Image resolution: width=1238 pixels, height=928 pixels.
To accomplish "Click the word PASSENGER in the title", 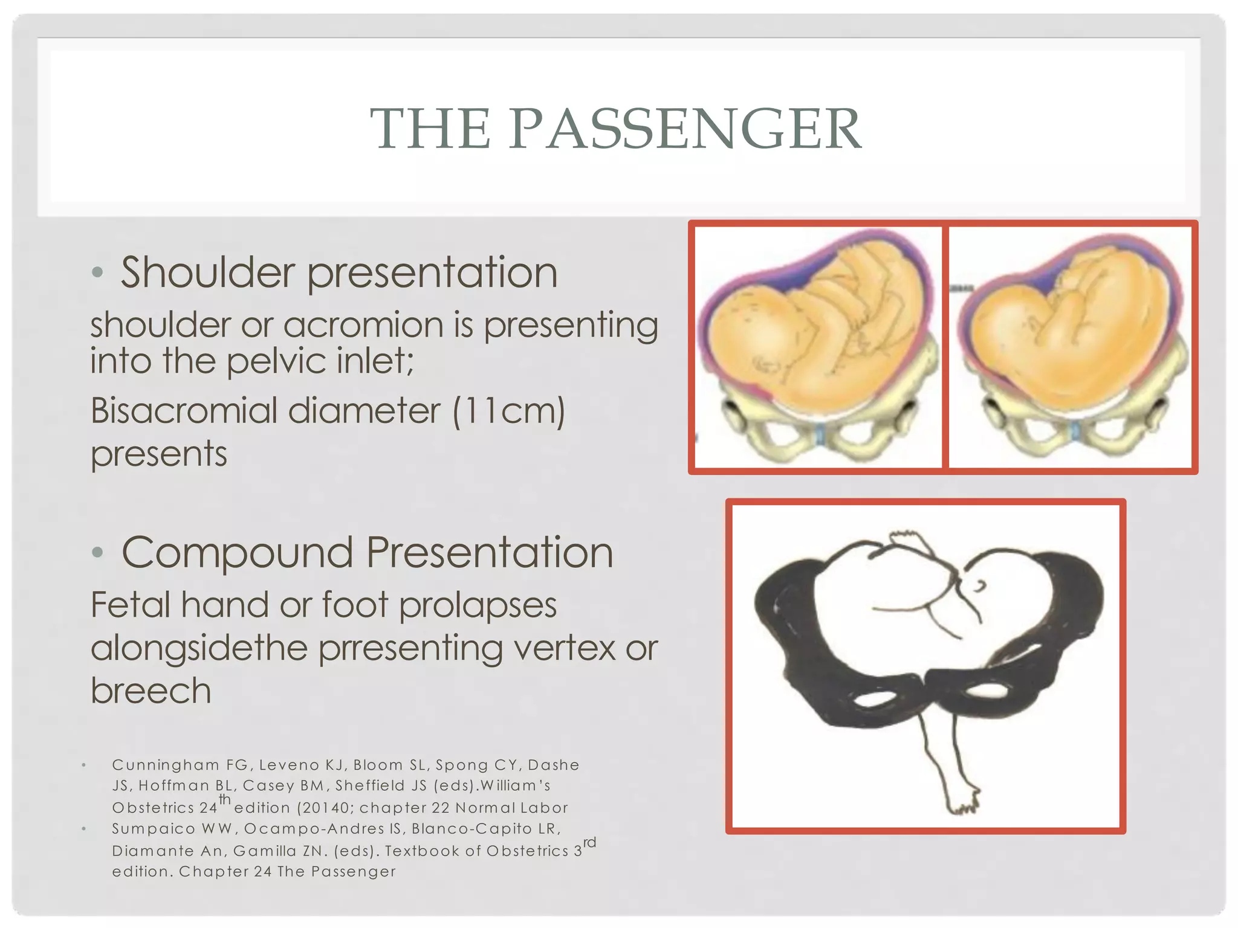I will click(685, 129).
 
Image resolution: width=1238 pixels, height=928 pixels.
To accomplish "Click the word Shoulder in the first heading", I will click(207, 272).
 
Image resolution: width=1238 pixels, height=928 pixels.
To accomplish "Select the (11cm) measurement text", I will click(508, 411).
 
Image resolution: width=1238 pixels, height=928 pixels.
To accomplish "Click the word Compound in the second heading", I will click(237, 553).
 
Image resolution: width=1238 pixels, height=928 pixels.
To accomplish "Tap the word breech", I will click(151, 691).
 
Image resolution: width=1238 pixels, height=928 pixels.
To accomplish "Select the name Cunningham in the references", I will click(166, 765).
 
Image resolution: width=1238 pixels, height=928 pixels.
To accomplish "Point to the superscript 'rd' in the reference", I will click(589, 842).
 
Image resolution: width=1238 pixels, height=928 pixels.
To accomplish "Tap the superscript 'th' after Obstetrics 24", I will click(225, 799).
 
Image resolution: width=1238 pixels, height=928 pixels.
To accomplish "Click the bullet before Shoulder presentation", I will click(97, 272).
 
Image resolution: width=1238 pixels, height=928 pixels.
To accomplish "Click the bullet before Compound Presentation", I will click(97, 553).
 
